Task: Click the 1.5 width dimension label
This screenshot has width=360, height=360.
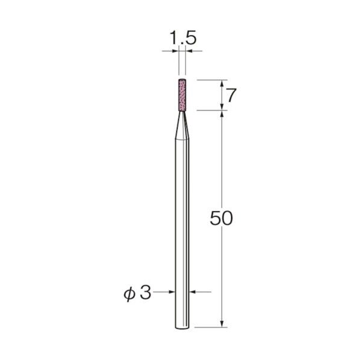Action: tap(183, 38)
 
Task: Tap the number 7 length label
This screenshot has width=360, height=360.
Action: tap(231, 95)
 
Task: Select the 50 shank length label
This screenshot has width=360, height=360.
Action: tap(222, 218)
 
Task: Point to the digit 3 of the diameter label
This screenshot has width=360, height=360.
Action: tap(146, 293)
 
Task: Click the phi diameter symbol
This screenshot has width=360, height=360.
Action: tap(129, 294)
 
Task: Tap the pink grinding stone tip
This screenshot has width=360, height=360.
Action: tap(182, 95)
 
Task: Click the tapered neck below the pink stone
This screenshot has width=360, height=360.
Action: tap(182, 125)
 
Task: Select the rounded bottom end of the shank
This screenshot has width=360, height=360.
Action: tap(182, 327)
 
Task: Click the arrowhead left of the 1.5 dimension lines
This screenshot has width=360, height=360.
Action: tap(175, 51)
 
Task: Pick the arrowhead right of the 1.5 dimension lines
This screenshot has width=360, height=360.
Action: tap(188, 51)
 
